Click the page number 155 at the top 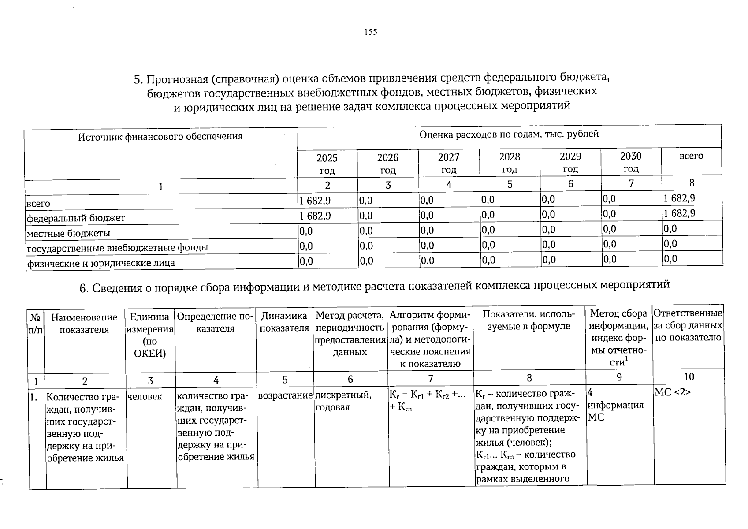coord(371,32)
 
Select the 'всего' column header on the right coord(691,156)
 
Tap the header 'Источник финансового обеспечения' coord(160,136)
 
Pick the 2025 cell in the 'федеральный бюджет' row coord(315,216)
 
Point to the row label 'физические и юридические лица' coord(101,263)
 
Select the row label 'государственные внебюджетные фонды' coord(117,248)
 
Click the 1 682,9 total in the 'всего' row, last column coord(679,198)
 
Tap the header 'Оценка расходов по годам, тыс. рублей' coord(509,134)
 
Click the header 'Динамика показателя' coord(284,322)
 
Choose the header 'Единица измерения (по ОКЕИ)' coord(150,335)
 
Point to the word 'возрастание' coord(285,395)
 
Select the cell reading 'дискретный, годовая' coord(343,401)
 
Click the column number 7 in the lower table coord(430,378)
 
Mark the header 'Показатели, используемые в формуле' coord(528,320)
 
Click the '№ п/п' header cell coord(35,324)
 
